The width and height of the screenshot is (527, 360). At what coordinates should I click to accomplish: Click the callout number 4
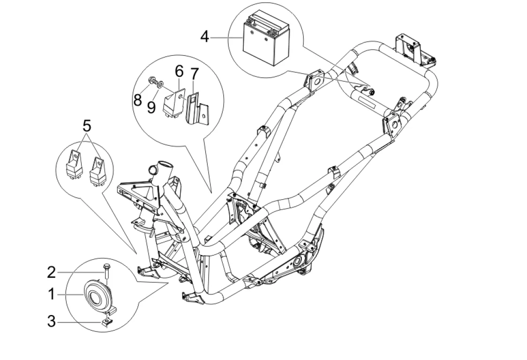click(204, 36)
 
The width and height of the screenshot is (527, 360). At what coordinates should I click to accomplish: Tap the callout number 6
click(179, 71)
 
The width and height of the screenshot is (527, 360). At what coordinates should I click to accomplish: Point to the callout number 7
click(194, 74)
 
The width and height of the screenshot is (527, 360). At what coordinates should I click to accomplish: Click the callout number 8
click(137, 99)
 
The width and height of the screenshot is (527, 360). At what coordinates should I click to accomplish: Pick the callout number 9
click(151, 107)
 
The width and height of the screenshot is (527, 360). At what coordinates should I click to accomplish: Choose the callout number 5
click(87, 125)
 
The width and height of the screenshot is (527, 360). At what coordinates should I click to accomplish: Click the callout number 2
click(52, 271)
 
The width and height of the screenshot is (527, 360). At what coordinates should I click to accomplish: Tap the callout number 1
click(52, 295)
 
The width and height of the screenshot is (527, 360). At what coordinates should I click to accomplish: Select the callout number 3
click(52, 322)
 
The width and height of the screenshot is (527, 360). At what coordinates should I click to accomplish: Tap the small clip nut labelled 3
click(107, 322)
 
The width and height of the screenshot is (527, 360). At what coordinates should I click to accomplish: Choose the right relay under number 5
click(97, 170)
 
